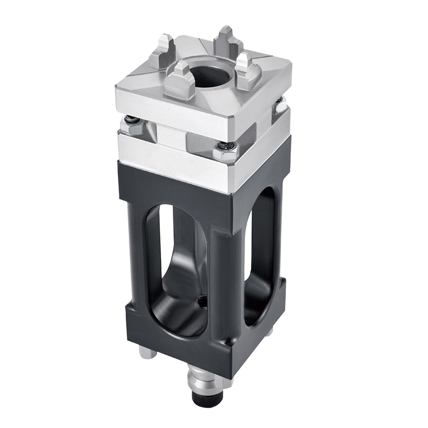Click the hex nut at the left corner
click(130, 126)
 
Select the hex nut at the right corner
click(279, 105)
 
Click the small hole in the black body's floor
click(202, 303)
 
